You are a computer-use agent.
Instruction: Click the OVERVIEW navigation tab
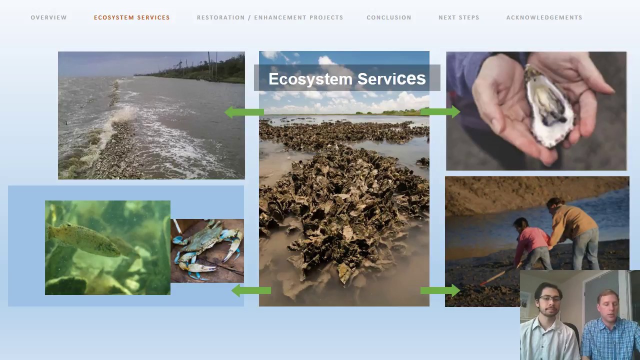click(x=48, y=17)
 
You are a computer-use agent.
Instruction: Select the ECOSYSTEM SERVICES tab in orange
click(x=131, y=17)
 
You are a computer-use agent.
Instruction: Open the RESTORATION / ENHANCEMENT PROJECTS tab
click(x=270, y=17)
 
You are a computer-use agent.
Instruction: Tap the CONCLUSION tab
click(x=389, y=17)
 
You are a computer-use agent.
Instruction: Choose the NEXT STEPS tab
click(x=459, y=17)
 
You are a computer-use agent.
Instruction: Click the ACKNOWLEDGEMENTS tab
click(x=544, y=17)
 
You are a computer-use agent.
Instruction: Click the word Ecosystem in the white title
click(x=310, y=79)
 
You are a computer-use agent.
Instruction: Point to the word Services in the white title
click(x=391, y=78)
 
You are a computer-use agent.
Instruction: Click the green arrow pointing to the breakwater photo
click(x=244, y=112)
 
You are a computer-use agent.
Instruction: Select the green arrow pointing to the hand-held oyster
click(x=440, y=111)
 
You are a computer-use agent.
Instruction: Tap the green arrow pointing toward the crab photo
click(x=251, y=290)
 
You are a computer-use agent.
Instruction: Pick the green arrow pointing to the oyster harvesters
click(x=440, y=290)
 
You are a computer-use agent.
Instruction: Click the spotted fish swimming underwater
click(x=91, y=240)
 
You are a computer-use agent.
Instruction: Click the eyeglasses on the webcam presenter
click(x=549, y=299)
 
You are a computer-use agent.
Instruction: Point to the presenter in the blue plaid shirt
click(x=610, y=325)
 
